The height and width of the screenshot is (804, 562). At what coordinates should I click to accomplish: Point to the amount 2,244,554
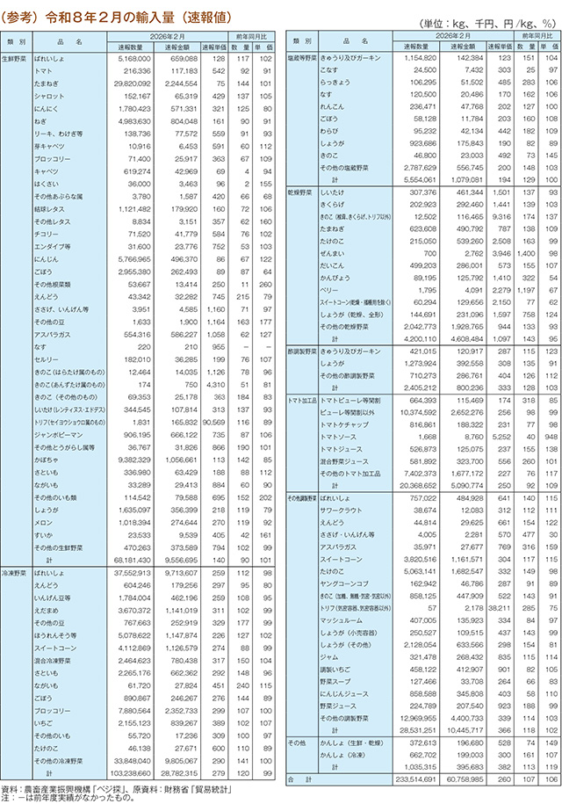tap(177, 80)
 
